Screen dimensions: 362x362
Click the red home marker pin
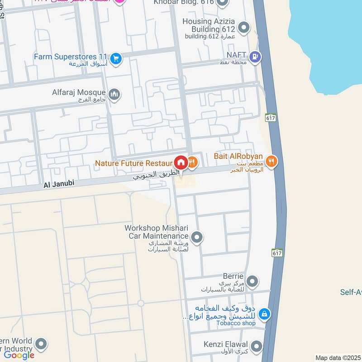(180, 162)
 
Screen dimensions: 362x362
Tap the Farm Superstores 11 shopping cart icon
(116, 58)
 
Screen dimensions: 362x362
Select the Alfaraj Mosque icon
(114, 94)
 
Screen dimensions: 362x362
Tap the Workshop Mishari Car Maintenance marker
(196, 237)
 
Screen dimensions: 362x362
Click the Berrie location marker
(253, 281)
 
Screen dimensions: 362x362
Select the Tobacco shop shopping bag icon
(265, 313)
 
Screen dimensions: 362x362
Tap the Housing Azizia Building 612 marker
(243, 28)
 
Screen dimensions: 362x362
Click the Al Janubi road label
(58, 184)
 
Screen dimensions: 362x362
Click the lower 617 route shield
(277, 252)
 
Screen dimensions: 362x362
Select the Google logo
(19, 355)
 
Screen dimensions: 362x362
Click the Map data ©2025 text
(338, 357)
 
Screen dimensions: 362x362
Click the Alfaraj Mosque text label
(79, 92)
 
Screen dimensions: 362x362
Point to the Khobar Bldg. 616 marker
(221, 3)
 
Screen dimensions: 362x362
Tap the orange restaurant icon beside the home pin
(192, 162)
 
